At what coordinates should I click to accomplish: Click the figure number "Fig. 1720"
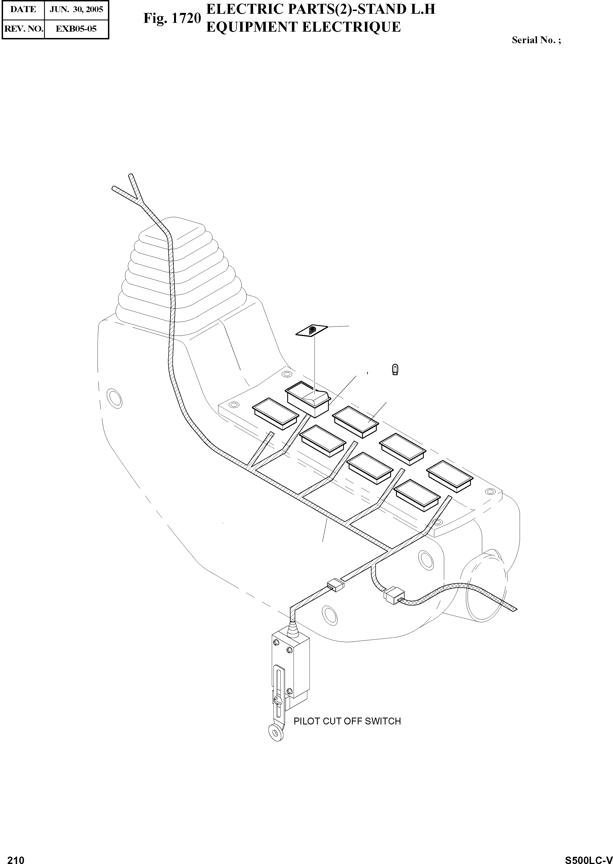click(172, 18)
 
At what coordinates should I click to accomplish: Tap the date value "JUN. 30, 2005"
click(76, 9)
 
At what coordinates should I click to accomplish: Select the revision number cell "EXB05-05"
click(76, 29)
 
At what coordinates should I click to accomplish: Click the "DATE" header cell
click(23, 9)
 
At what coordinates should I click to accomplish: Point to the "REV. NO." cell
click(23, 29)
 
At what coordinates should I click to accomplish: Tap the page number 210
click(16, 857)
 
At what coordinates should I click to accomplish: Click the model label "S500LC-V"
click(588, 857)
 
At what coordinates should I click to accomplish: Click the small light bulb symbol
click(395, 369)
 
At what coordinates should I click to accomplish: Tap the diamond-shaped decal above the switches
click(311, 331)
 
